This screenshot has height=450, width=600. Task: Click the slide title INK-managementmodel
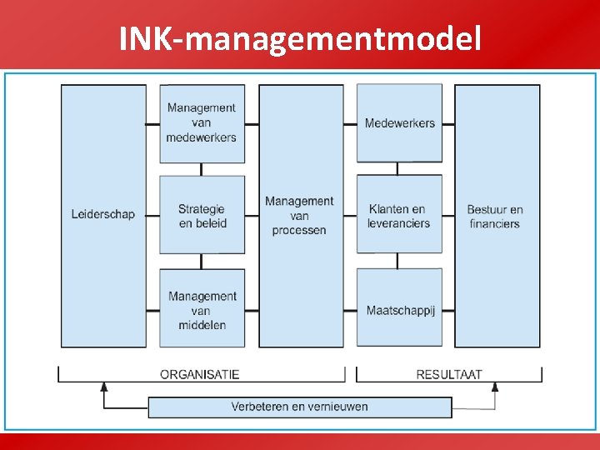[300, 37]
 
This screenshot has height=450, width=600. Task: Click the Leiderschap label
[102, 215]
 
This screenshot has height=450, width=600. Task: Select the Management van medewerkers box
[202, 123]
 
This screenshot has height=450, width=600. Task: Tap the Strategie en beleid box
[202, 215]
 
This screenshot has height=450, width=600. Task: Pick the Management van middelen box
[202, 310]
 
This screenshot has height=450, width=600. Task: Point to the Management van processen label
[299, 215]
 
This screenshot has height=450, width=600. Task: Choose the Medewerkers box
[399, 123]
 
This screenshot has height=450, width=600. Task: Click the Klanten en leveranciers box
[399, 215]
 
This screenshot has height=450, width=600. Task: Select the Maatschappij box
[399, 310]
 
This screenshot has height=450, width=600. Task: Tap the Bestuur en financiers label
[495, 216]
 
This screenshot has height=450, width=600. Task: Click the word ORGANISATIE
[200, 374]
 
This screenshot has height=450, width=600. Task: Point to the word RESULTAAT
[449, 374]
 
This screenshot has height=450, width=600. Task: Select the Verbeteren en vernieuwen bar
[299, 407]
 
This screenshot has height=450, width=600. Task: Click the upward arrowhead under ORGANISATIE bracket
[104, 387]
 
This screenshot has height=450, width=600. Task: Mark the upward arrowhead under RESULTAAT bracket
[495, 387]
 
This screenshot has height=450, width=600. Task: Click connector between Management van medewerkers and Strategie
[202, 169]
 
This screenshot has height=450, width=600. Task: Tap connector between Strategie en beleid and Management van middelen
[202, 261]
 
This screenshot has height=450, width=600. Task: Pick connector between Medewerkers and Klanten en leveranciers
[398, 168]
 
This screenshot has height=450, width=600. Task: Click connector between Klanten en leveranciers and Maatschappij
[398, 261]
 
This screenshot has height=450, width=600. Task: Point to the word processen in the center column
[299, 230]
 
